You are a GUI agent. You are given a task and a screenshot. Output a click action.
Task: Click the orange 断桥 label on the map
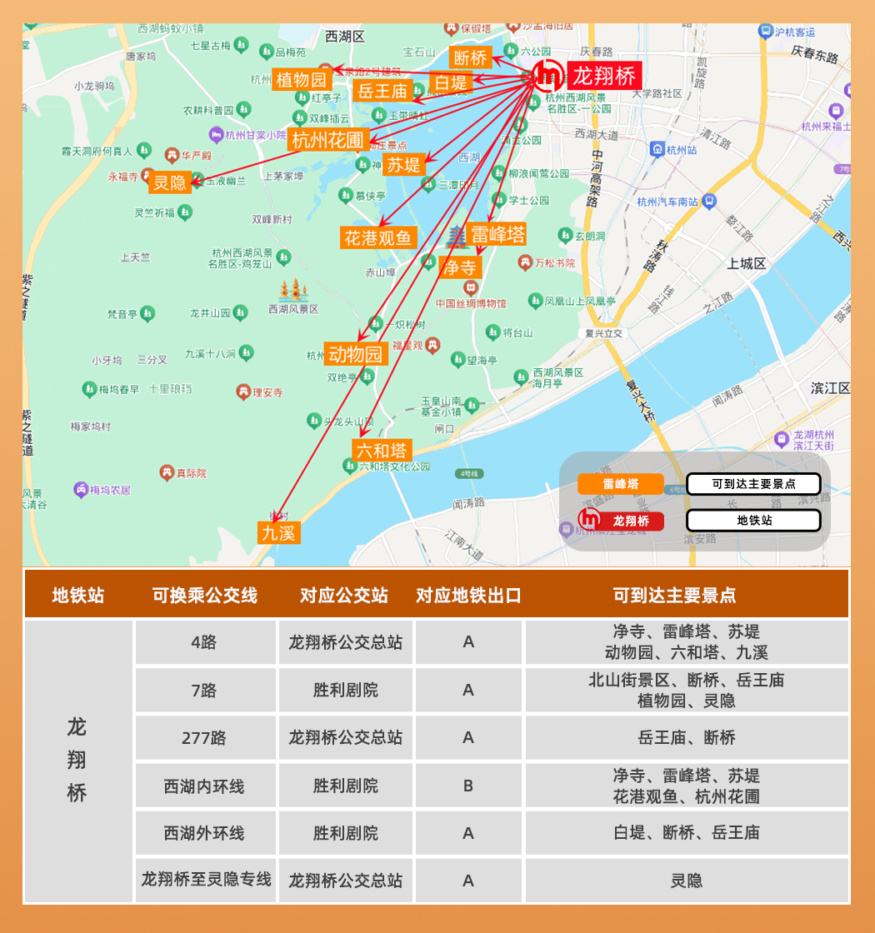point(470,57)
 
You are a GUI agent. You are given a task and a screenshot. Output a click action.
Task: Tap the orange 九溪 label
point(278,533)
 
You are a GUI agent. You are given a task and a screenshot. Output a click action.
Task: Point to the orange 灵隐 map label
point(170,182)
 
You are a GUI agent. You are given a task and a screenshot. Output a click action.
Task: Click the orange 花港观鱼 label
point(378,237)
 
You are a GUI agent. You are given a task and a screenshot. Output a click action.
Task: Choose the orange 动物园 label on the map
point(357,354)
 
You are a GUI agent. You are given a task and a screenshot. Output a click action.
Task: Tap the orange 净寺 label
point(460,267)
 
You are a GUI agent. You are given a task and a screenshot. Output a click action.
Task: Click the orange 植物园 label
point(302,80)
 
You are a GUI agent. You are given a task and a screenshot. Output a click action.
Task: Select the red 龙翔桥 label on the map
point(605,77)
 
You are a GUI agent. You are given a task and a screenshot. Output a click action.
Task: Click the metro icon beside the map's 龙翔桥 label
point(549,76)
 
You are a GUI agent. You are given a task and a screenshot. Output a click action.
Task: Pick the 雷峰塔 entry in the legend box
point(621,484)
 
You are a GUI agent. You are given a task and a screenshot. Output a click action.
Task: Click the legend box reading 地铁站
point(753,521)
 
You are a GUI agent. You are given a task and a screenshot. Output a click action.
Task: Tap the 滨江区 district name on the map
point(831,388)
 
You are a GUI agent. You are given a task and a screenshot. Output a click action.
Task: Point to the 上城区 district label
point(746,263)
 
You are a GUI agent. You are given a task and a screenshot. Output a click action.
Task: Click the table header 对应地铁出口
point(468,596)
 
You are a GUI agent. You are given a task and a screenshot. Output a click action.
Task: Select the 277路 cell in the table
point(204,738)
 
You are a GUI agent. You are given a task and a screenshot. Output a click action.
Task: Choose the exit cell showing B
point(468,786)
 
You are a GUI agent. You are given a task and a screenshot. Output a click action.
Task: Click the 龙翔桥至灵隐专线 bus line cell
point(206,879)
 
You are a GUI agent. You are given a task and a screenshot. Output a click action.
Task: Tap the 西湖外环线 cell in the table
point(204,833)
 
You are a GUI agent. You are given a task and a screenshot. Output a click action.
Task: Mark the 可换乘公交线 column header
point(204,596)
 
